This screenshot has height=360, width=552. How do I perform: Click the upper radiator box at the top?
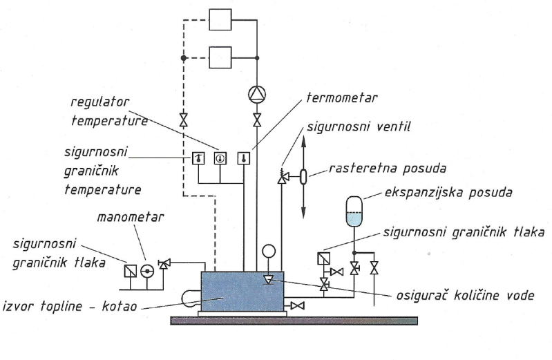click(221, 19)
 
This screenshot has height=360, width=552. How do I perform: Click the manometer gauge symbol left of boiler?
click(146, 269)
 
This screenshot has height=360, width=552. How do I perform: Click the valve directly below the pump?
click(257, 120)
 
